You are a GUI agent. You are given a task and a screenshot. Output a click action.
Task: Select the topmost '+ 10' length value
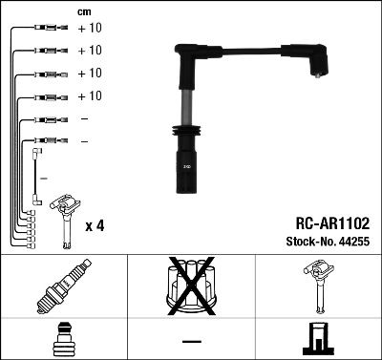click(89, 29)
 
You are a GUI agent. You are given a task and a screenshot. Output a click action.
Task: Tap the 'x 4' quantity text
click(95, 225)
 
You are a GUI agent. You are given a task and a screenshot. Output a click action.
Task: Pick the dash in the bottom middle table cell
click(190, 341)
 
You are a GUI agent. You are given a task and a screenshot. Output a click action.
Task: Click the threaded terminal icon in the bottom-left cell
click(62, 340)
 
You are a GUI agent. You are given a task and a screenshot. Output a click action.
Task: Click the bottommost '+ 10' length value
click(89, 96)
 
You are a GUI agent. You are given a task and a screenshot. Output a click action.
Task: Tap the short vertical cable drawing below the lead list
click(35, 176)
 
